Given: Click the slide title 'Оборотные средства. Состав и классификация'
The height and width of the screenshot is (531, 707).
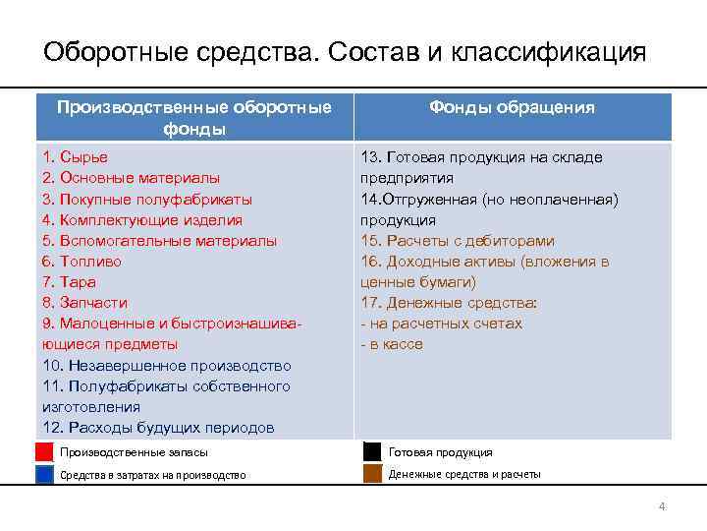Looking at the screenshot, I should (x=345, y=51).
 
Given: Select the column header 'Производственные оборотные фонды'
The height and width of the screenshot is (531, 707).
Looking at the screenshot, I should (x=193, y=118).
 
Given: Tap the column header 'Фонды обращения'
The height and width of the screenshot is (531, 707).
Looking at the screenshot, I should (x=511, y=108).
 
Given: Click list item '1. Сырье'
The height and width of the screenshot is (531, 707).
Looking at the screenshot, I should (x=76, y=157).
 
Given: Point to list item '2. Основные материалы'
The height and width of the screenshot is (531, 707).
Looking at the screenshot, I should (x=132, y=178).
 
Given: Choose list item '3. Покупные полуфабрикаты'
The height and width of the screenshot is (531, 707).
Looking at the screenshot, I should (x=147, y=199).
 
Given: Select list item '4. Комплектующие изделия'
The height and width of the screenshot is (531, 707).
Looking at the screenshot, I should (x=142, y=219).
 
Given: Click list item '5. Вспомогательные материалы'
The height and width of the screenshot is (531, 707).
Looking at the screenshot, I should (x=159, y=240).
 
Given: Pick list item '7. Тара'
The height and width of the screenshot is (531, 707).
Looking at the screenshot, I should (x=72, y=282).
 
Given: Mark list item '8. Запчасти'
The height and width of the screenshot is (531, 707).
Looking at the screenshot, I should (x=84, y=303).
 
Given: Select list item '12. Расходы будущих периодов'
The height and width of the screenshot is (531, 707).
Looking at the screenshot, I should (x=158, y=427).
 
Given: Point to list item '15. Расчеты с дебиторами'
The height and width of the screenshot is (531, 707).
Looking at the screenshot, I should (x=458, y=240).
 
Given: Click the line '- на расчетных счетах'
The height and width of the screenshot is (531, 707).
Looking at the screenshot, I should (x=442, y=324).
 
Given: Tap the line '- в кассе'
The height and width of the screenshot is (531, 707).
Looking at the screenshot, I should (x=392, y=344).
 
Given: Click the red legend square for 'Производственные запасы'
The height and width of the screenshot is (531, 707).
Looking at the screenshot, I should (x=44, y=452).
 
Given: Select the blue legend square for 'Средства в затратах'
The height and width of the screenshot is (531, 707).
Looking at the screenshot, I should (x=44, y=474).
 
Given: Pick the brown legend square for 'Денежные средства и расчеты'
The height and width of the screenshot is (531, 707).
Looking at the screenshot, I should (x=372, y=474).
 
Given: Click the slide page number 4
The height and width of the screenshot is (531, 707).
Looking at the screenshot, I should (x=662, y=506).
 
